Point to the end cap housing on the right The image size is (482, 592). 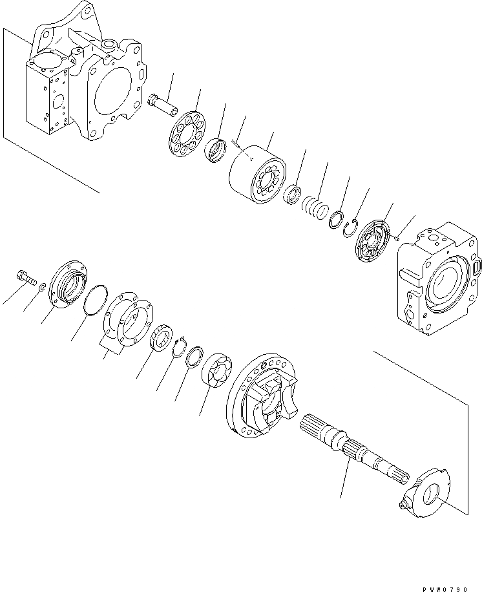437,278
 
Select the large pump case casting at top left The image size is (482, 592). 84,84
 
